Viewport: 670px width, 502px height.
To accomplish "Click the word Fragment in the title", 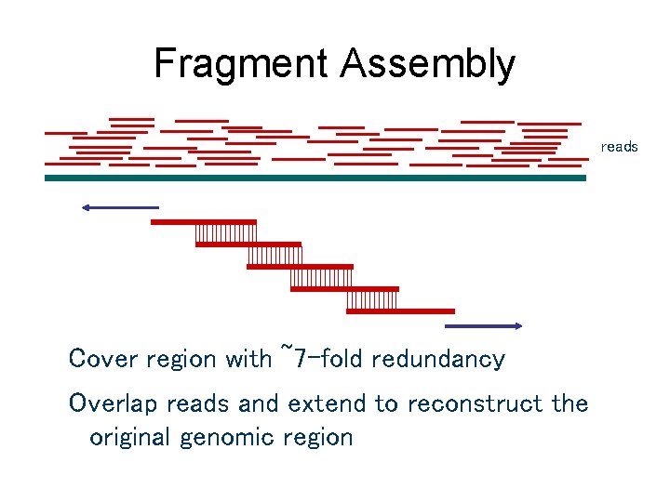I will pyautogui.click(x=240, y=64).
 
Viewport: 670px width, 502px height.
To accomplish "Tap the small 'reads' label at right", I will pyautogui.click(x=620, y=147).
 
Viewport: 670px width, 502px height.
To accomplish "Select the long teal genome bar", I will pyautogui.click(x=315, y=178).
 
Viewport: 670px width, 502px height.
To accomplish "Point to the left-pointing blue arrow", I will pyautogui.click(x=119, y=206).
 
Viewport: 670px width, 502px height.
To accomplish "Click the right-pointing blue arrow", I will pyautogui.click(x=485, y=325).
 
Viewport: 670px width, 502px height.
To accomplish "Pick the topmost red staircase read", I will pyautogui.click(x=203, y=222).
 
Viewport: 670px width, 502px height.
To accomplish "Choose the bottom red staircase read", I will pyautogui.click(x=400, y=310).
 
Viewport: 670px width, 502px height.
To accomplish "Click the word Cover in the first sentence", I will pyautogui.click(x=102, y=359).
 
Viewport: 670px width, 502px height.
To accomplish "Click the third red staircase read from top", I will pyautogui.click(x=300, y=267).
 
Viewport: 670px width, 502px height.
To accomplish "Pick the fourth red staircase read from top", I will pyautogui.click(x=344, y=289).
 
